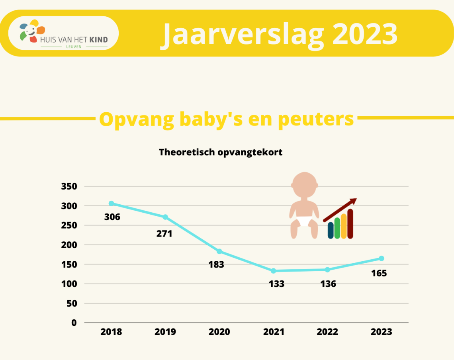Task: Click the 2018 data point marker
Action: (x=111, y=203)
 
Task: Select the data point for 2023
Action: (x=382, y=258)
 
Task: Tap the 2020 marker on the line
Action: (x=219, y=251)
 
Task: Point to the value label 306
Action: (x=112, y=217)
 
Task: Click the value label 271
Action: (x=164, y=234)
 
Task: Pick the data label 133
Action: (x=276, y=284)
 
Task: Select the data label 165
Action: (x=379, y=273)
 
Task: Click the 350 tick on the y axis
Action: (x=69, y=186)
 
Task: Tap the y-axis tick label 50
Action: (x=72, y=303)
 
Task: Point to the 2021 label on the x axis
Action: (x=274, y=332)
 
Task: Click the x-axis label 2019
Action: (x=165, y=332)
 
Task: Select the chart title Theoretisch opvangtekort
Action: (x=221, y=153)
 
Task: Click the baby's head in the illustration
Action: (x=304, y=185)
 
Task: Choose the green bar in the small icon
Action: (x=337, y=228)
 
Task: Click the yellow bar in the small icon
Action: (x=344, y=226)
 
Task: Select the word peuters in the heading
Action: (x=316, y=119)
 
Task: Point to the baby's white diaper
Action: (x=304, y=221)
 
